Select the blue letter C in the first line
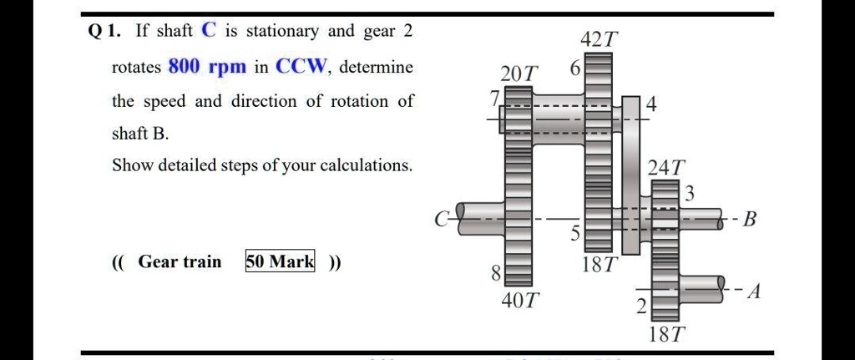coord(208,31)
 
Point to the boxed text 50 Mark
coord(281,262)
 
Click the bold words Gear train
coord(180,262)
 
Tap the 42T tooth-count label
coord(599,39)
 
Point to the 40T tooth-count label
coord(520,300)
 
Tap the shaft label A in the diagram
coord(754,292)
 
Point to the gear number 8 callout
coord(495,273)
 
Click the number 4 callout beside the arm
coord(650,106)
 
